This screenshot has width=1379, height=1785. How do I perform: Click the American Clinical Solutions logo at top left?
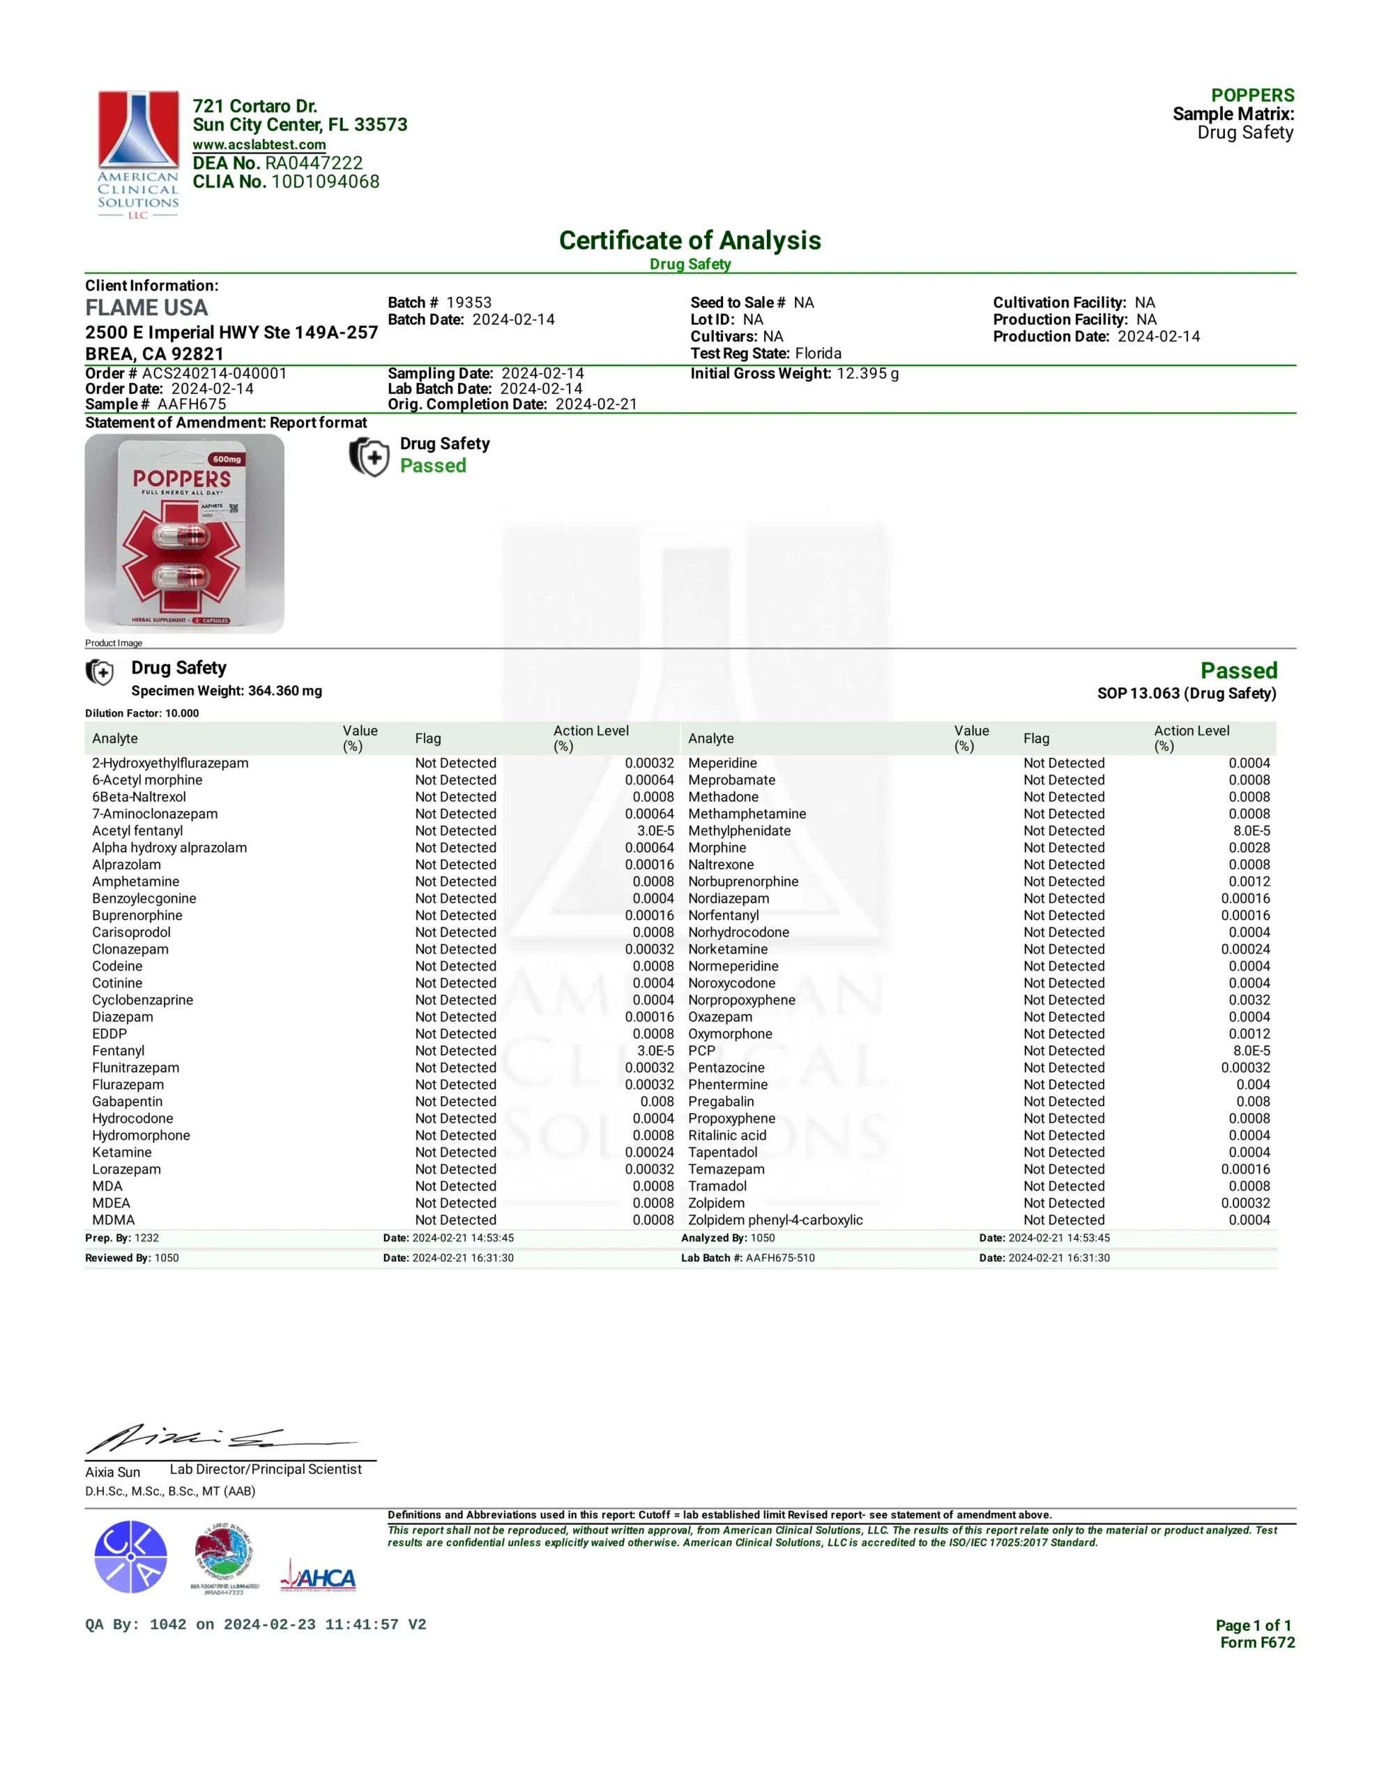[x=138, y=153]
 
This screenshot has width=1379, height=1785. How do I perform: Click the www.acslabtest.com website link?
[x=259, y=144]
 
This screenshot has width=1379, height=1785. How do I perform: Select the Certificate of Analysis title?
[x=689, y=241]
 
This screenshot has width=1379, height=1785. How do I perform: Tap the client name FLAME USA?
[x=146, y=308]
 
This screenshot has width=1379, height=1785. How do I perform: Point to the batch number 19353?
[x=468, y=303]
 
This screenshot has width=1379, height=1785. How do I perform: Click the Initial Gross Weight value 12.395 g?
[x=867, y=374]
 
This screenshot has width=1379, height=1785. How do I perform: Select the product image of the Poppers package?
[x=185, y=533]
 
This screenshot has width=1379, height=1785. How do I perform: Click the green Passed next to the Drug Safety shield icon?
[x=433, y=466]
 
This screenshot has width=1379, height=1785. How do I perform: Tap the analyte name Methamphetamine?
[x=747, y=814]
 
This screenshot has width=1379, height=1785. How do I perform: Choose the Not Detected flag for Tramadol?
[x=1063, y=1186]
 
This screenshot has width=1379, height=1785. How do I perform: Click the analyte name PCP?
[x=701, y=1051]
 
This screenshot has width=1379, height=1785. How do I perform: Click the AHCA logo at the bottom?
[x=318, y=1577]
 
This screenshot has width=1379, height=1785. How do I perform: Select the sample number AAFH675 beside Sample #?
[x=192, y=404]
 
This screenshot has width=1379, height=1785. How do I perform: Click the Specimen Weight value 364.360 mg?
[x=284, y=692]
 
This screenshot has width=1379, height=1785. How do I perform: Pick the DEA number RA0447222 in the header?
[x=314, y=163]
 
